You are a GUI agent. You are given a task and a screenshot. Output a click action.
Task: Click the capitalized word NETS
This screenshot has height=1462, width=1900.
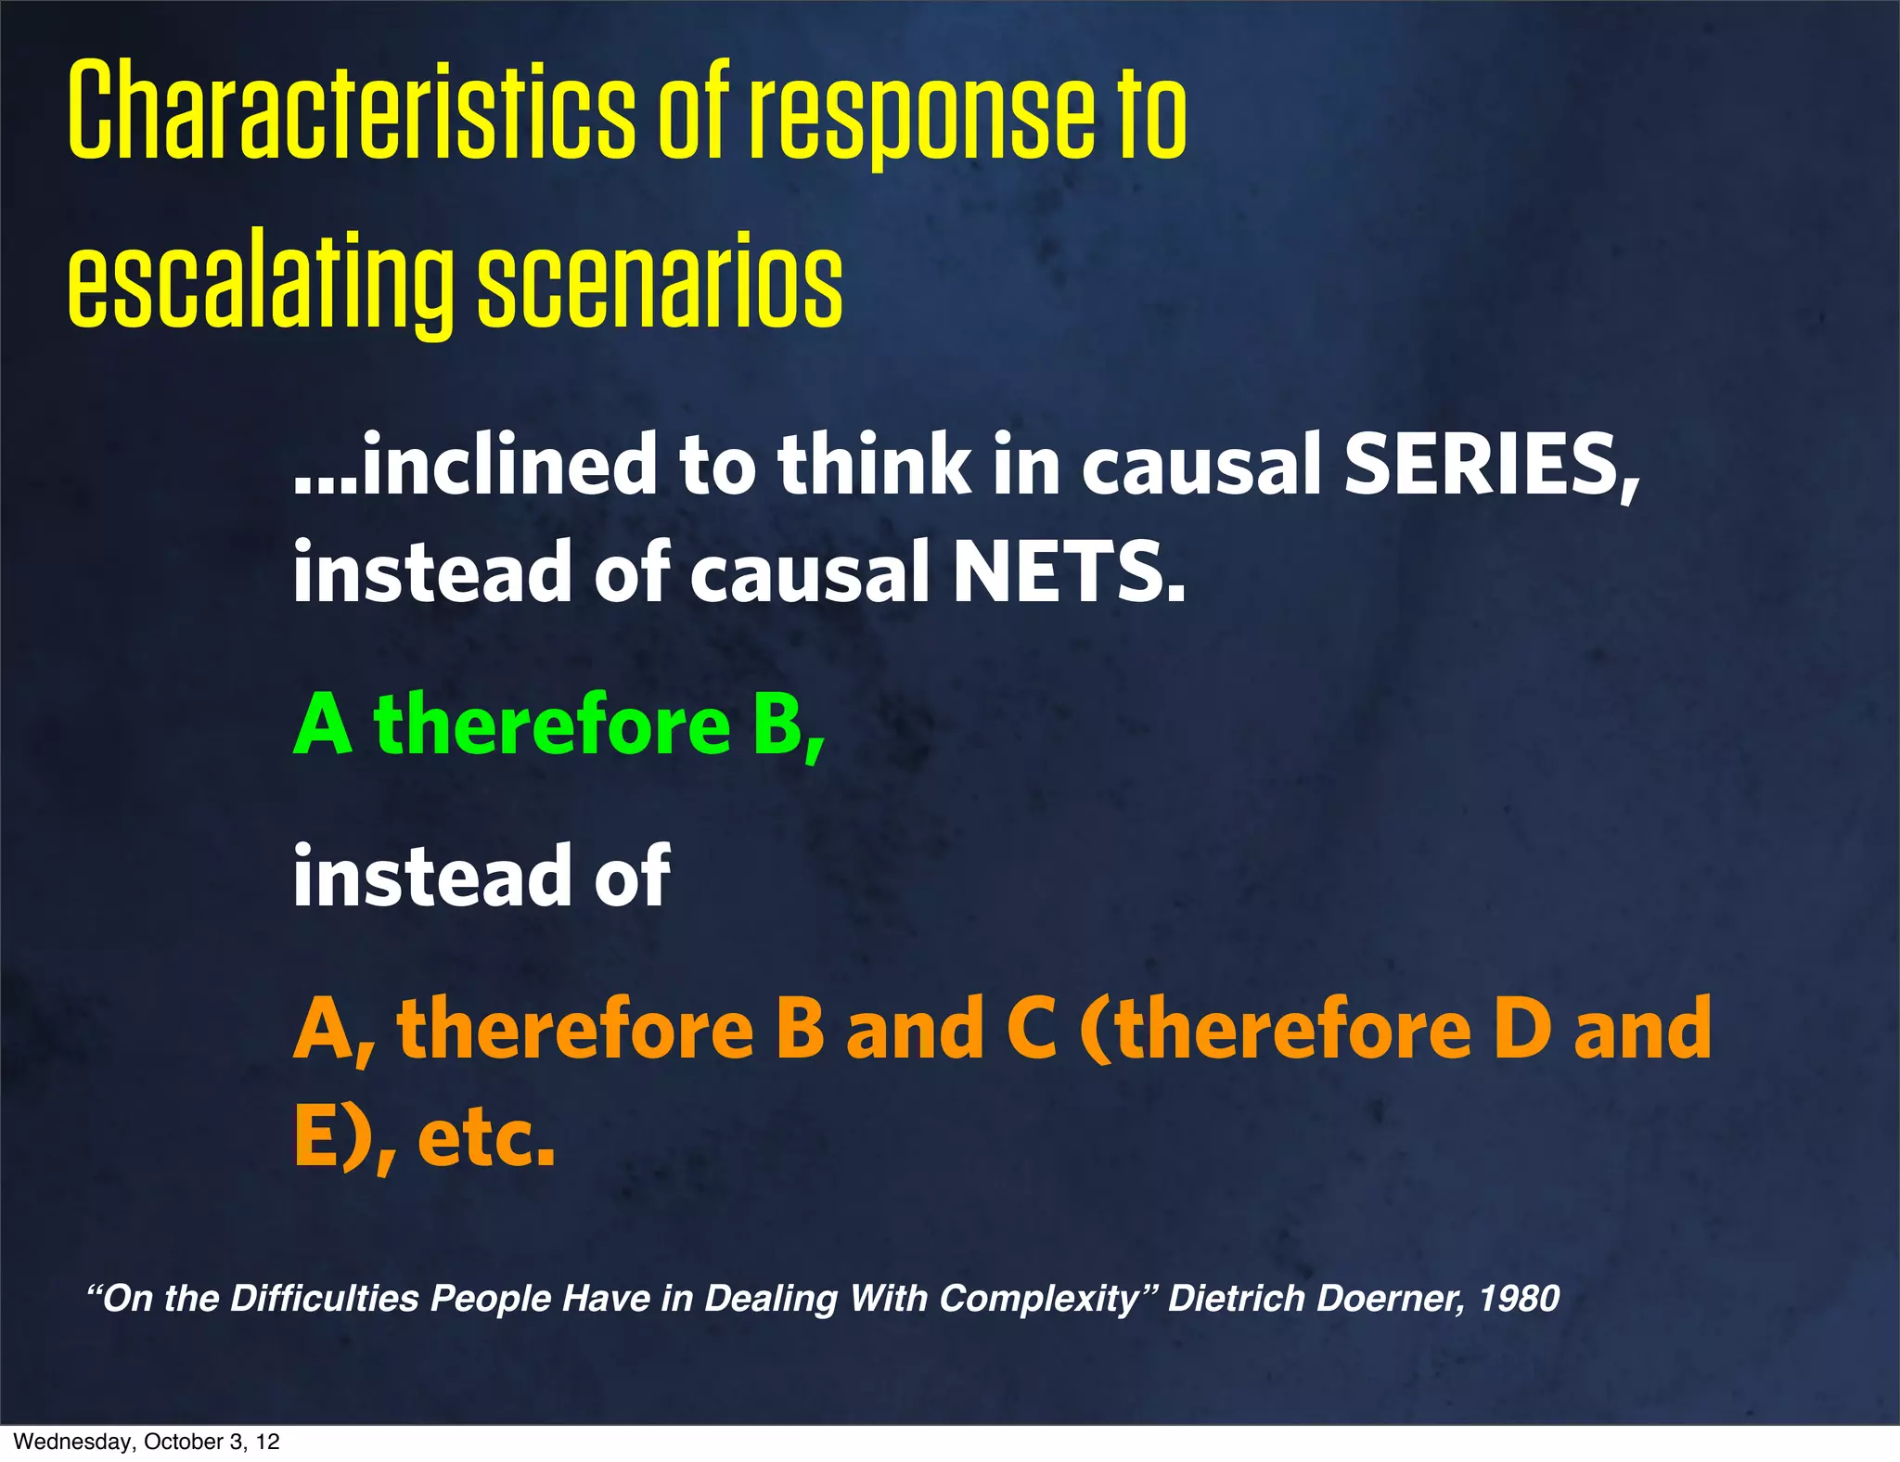1067,572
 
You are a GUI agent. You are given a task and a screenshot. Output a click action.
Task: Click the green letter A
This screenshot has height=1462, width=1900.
323,725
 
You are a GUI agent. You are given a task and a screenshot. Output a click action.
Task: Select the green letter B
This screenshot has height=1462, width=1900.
778,725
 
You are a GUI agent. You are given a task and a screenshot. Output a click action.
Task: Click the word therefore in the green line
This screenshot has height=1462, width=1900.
552,725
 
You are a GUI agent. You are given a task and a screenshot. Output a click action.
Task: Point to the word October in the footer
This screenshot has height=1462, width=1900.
182,1442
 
